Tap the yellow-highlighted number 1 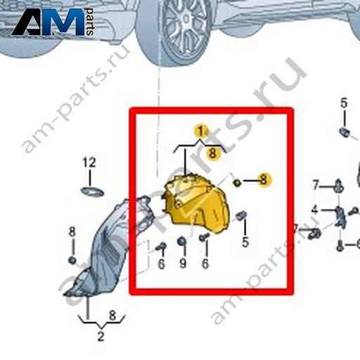[x=200, y=131]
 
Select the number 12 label [x=89, y=162]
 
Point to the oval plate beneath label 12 [x=92, y=192]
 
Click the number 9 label [x=183, y=264]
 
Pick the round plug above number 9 [x=181, y=241]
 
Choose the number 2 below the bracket [x=101, y=337]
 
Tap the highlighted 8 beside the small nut [x=264, y=180]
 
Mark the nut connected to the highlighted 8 [x=237, y=182]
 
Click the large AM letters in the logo [x=48, y=22]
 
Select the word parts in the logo [x=90, y=22]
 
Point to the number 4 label [x=315, y=210]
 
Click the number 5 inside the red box [x=245, y=242]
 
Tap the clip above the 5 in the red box [x=241, y=215]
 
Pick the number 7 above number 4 [x=316, y=185]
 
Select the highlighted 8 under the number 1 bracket [x=212, y=153]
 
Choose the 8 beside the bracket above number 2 [x=112, y=315]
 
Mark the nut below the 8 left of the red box [x=72, y=260]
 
